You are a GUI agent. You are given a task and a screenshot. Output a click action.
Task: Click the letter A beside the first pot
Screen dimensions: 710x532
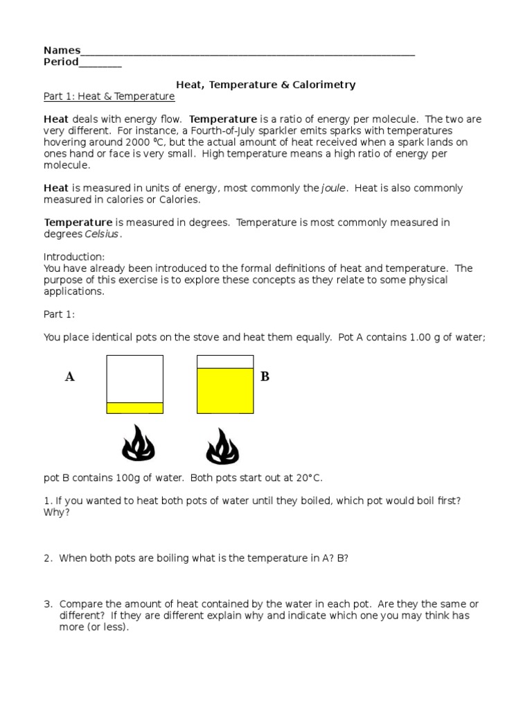click(69, 377)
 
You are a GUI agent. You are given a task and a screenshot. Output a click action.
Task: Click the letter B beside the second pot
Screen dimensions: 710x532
click(265, 376)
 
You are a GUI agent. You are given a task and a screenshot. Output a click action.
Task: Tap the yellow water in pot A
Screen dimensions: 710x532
click(134, 408)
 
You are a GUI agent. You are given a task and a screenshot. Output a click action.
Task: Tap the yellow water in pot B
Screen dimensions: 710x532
click(225, 390)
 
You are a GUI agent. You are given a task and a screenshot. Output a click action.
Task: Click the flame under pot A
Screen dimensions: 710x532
click(139, 444)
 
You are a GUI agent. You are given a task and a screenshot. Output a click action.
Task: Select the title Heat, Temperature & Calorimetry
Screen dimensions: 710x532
click(265, 85)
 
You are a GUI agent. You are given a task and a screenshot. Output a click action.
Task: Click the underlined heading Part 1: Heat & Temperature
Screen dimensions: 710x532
click(109, 96)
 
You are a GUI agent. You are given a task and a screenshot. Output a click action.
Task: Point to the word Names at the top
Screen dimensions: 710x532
click(62, 50)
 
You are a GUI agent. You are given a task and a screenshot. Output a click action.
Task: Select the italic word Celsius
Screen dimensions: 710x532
click(102, 234)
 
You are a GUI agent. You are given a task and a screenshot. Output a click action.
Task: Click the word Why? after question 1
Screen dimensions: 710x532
click(57, 512)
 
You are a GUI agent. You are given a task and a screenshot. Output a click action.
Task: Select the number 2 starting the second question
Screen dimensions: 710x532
click(46, 558)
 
